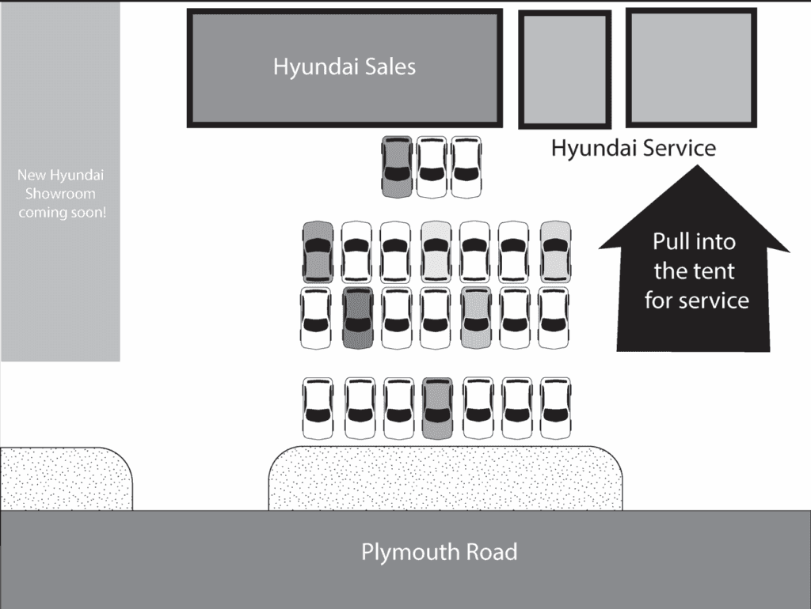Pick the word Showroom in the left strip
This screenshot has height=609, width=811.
(x=60, y=194)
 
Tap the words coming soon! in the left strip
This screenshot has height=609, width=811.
(x=61, y=212)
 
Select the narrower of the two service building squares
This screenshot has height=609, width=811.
(x=565, y=70)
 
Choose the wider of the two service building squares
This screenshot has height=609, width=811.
(x=691, y=67)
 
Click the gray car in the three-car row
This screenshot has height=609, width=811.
(x=397, y=167)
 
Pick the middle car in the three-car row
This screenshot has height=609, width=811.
(x=432, y=167)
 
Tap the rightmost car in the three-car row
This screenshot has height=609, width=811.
(x=466, y=167)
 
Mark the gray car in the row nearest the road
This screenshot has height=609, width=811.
(x=437, y=408)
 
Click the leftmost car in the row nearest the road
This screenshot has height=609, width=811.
(x=318, y=408)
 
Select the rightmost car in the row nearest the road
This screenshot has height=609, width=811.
(x=555, y=408)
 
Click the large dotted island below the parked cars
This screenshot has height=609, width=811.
(x=445, y=478)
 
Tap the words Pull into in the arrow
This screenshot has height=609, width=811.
(x=694, y=242)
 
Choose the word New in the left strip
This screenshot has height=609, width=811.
(x=32, y=175)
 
